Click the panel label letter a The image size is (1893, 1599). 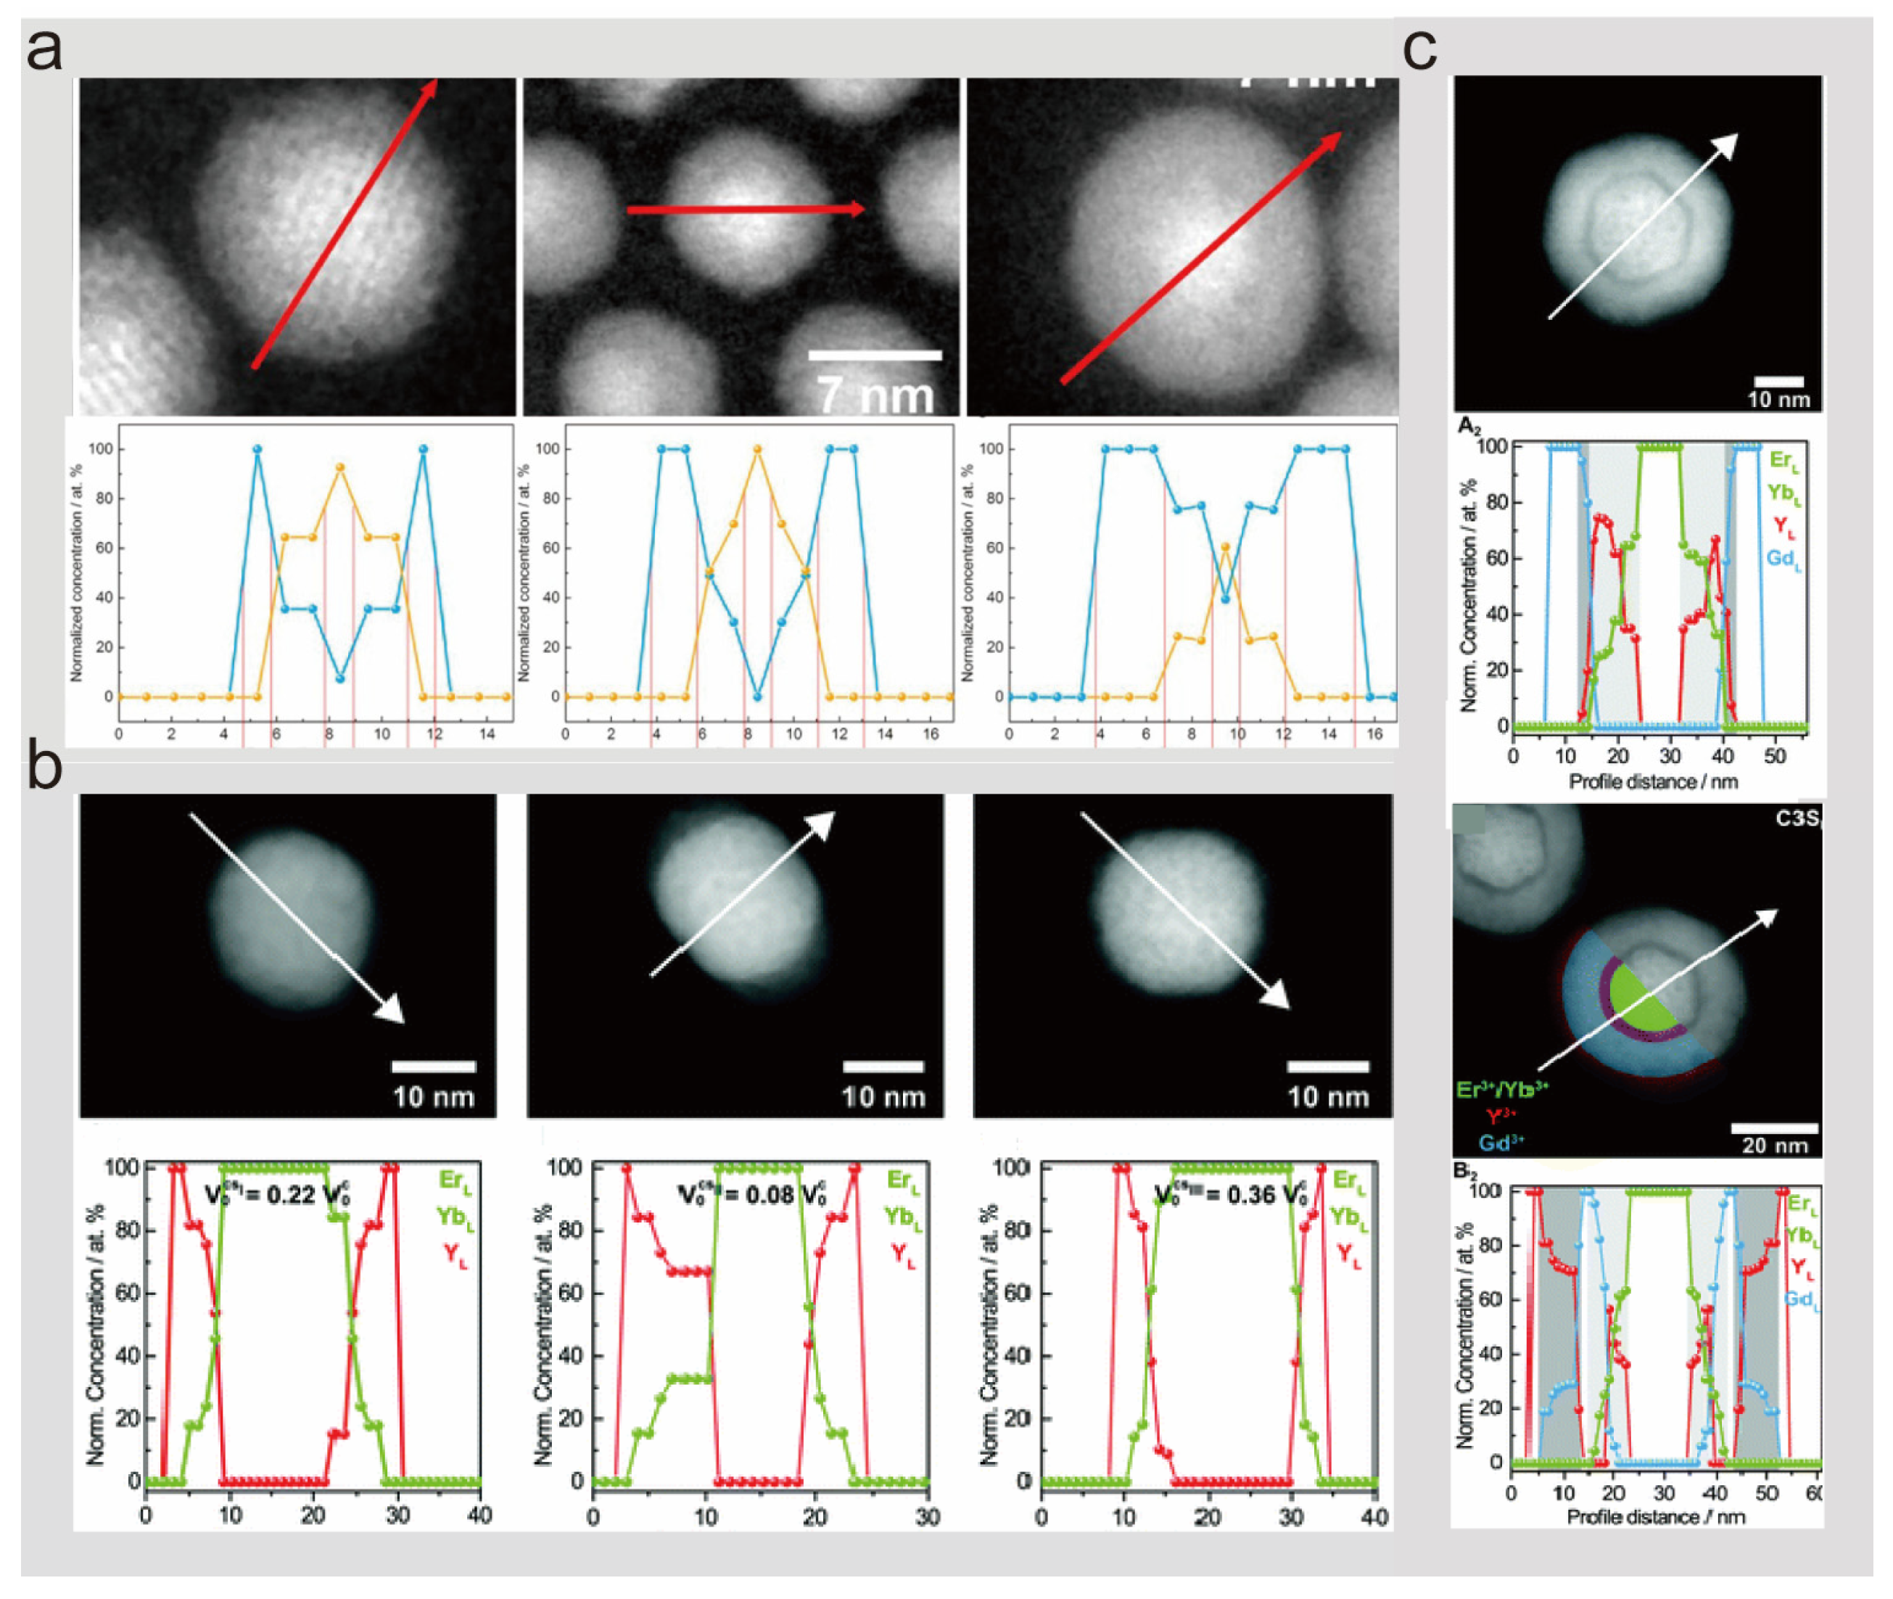(44, 51)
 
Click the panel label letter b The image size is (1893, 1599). (44, 766)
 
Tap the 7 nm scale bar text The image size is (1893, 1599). (875, 395)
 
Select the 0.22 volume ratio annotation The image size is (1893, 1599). (276, 1194)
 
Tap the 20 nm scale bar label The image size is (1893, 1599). (1774, 1145)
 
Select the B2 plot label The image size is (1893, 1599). (1465, 1170)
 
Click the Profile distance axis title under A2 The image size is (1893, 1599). (1653, 781)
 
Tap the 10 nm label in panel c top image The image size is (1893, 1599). (1778, 400)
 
